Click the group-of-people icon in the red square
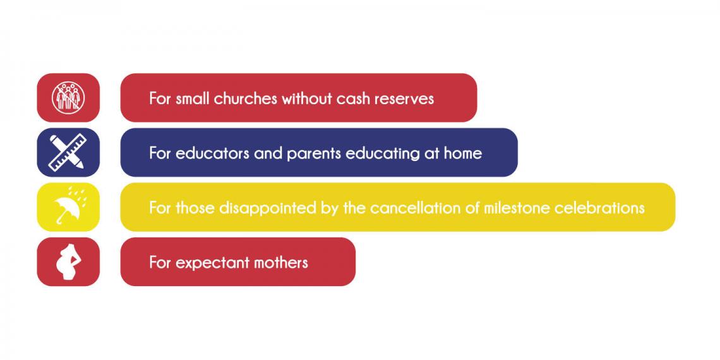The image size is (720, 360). (68, 98)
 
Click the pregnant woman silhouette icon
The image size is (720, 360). (68, 261)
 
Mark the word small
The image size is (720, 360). (193, 99)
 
